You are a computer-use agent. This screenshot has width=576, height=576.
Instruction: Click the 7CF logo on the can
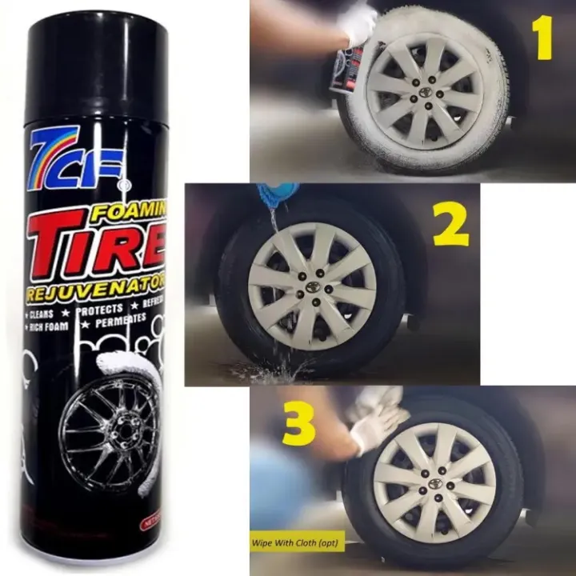point(76,158)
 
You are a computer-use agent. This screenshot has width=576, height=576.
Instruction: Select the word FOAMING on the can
point(133,213)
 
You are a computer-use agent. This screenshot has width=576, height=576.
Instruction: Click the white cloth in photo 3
point(376,416)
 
